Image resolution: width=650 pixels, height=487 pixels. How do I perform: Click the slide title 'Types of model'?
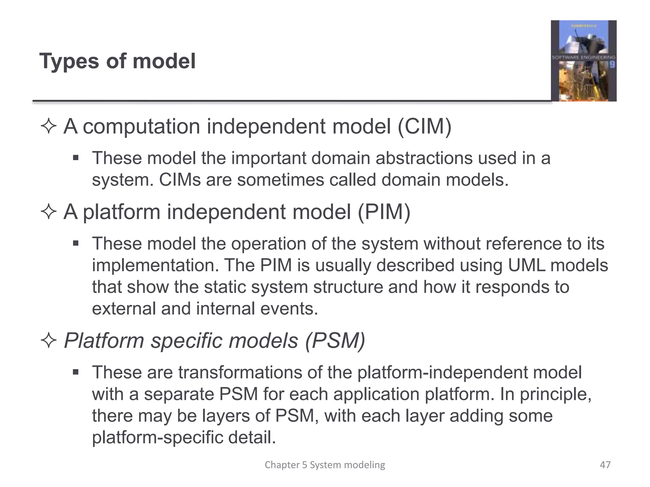[117, 61]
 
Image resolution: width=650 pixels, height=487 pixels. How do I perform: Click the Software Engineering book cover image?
[583, 61]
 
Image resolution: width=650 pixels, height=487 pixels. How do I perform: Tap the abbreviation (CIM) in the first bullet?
[424, 127]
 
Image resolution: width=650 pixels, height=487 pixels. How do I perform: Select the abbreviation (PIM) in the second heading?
[384, 212]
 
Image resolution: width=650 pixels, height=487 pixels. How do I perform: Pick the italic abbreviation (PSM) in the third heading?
[335, 341]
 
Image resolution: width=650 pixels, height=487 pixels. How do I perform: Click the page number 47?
[605, 465]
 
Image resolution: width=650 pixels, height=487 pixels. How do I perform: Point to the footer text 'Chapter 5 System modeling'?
[325, 465]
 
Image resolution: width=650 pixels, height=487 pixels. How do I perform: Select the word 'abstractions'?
[424, 158]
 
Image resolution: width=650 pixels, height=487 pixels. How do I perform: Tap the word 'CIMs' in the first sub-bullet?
[180, 180]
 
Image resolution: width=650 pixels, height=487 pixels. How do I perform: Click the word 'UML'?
[527, 265]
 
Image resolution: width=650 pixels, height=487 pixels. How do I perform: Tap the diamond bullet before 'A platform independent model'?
[49, 211]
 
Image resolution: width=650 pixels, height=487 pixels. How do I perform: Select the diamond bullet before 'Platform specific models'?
[49, 341]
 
